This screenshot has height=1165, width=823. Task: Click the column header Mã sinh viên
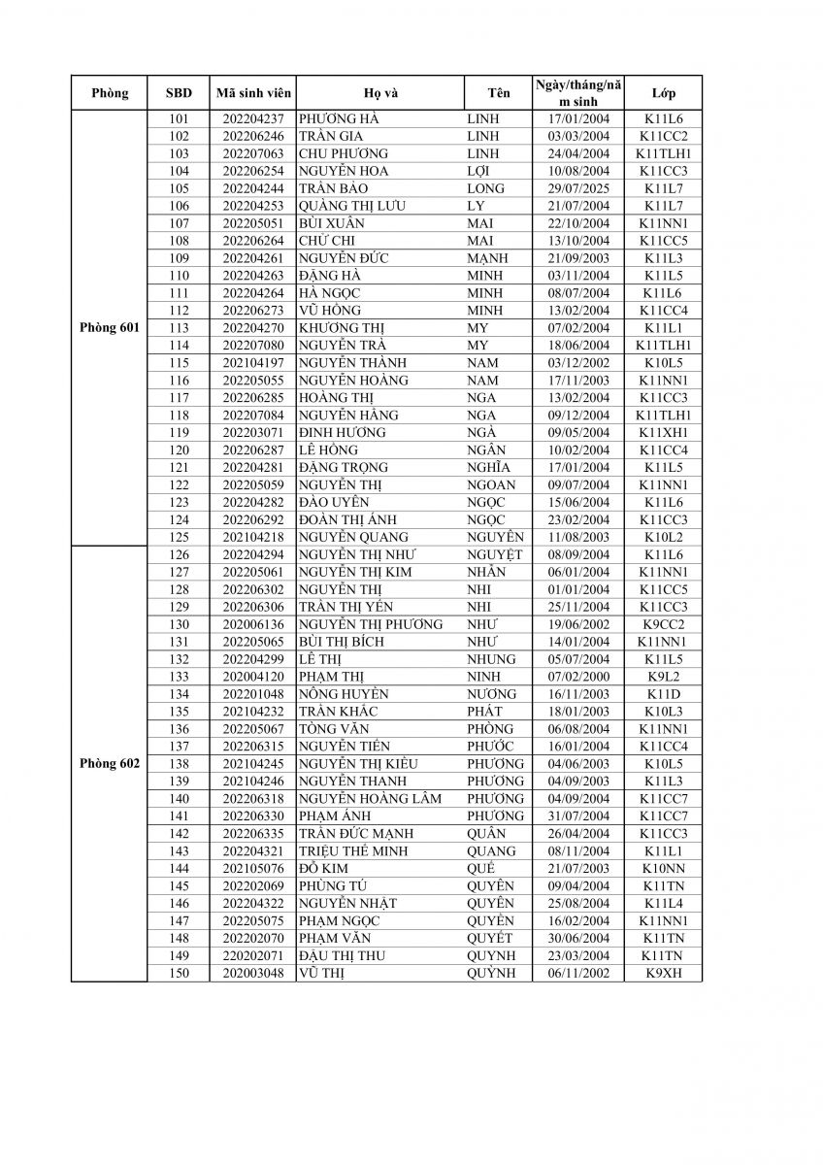252,93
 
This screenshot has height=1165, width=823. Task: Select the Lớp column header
664,93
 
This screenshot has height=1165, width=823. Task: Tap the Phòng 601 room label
109,328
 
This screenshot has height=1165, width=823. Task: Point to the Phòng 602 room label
109,763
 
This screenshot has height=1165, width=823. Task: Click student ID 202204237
252,118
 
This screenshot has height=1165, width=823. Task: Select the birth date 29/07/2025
578,188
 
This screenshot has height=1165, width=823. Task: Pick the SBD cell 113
179,328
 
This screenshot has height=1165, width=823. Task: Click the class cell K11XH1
664,432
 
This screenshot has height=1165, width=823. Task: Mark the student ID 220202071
252,955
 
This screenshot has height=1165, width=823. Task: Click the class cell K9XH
664,973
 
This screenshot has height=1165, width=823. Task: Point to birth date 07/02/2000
578,677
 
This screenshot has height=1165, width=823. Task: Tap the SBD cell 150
179,973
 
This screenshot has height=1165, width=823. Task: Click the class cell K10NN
664,868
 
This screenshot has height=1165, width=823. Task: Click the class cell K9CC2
664,624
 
